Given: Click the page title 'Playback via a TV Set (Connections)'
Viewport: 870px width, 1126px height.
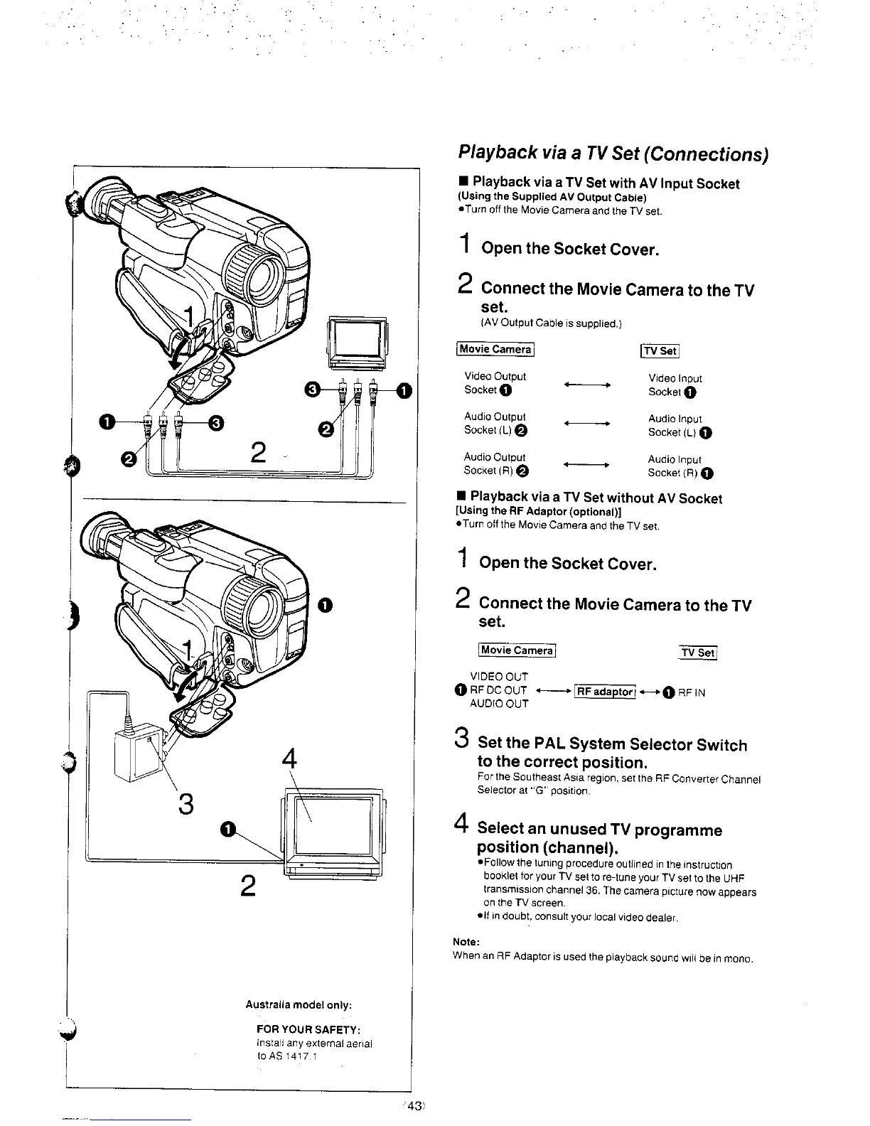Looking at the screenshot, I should (613, 153).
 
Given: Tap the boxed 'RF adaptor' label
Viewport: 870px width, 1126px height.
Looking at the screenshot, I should (604, 692).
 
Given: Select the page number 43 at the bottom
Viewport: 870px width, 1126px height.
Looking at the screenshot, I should (415, 1104).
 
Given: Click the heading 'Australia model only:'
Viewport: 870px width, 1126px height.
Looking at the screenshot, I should (299, 1004).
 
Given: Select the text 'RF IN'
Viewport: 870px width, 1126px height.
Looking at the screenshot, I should (690, 692).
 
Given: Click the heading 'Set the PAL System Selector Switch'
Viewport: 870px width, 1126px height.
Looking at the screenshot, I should (613, 745).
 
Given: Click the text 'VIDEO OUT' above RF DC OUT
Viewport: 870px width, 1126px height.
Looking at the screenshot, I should (499, 677).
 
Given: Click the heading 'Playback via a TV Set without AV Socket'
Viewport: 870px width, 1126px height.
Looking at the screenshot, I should (596, 498).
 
